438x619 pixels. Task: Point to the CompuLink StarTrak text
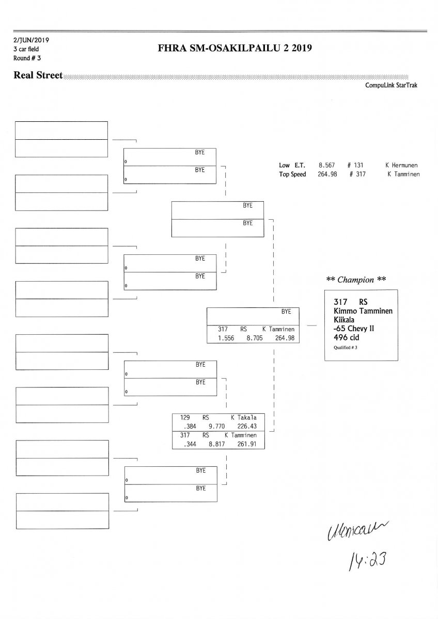pos(391,86)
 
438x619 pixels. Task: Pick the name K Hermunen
pos(401,166)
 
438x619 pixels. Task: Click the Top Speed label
pos(292,174)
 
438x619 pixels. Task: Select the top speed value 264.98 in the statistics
pos(327,174)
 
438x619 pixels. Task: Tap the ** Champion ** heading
pos(356,280)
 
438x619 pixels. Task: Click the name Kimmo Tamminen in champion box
pos(361,311)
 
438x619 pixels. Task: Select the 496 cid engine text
pos(347,337)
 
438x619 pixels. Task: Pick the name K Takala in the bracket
pos(244,417)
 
